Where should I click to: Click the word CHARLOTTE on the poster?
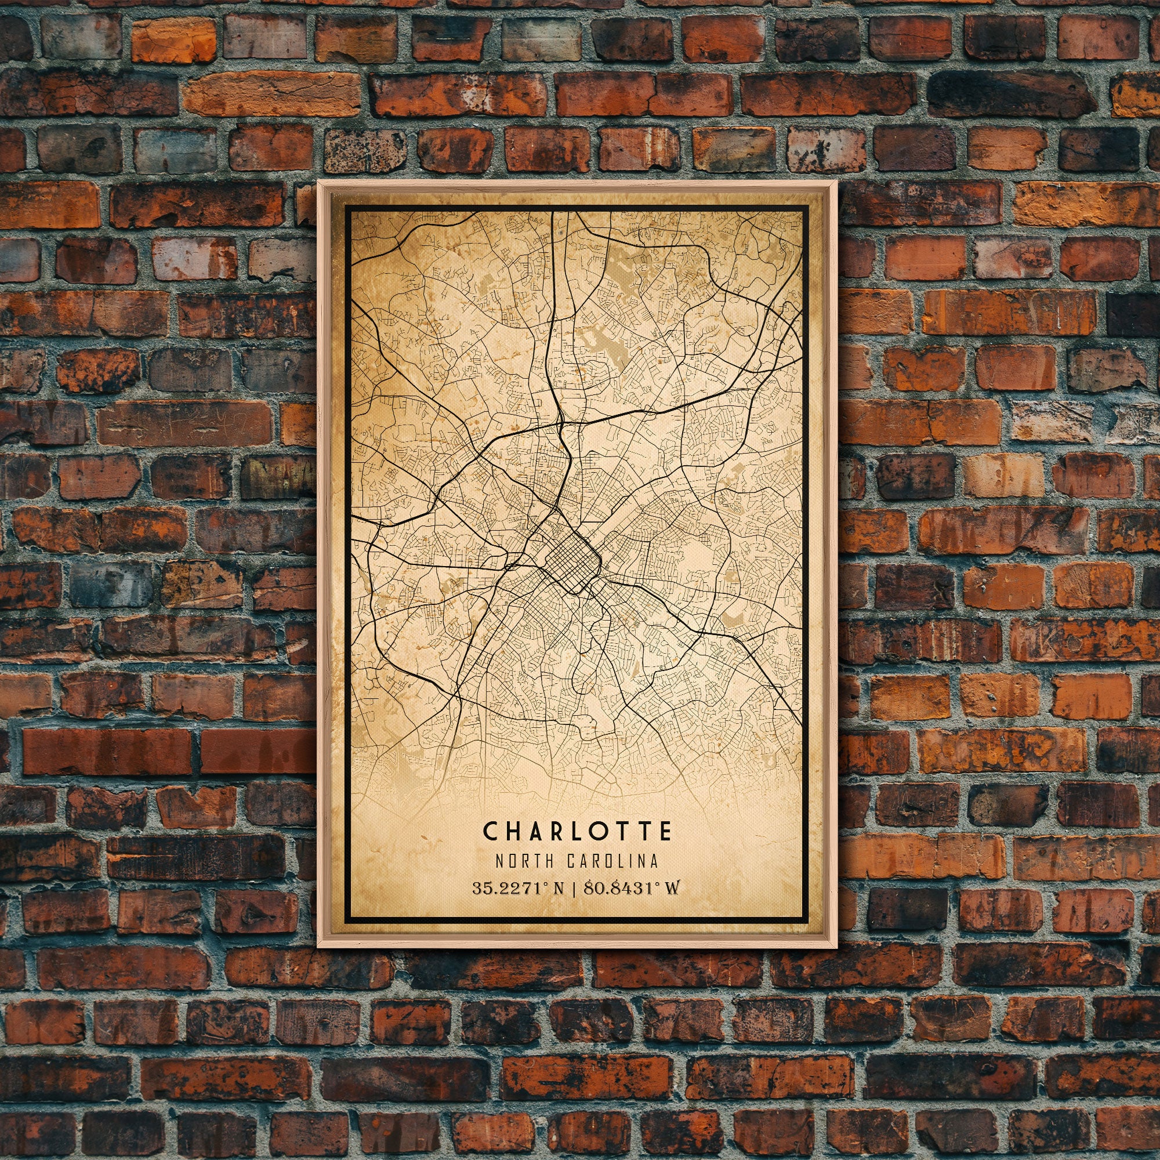coord(577,832)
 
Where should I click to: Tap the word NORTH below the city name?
coord(525,861)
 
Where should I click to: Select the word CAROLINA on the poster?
coord(612,861)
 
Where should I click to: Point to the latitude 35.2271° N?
coord(517,887)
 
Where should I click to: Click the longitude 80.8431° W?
coord(631,887)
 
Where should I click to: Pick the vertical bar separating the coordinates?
coord(575,887)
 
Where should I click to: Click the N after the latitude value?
coord(559,887)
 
